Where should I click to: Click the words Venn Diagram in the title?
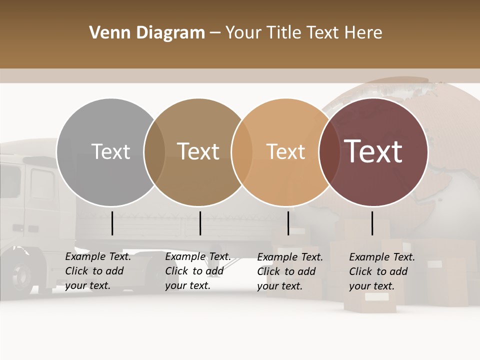click(x=147, y=33)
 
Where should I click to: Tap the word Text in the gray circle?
click(x=110, y=151)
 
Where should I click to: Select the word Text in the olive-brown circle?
click(x=198, y=151)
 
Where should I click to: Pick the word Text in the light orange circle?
click(x=285, y=151)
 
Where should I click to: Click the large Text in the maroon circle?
click(x=373, y=151)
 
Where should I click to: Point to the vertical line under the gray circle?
click(x=112, y=223)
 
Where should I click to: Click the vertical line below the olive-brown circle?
click(x=200, y=223)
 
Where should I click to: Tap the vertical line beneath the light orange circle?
click(x=288, y=223)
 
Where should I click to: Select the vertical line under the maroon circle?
click(x=372, y=223)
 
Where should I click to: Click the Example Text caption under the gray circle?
click(x=98, y=271)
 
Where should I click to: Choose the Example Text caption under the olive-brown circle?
click(x=198, y=271)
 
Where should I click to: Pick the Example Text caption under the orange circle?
click(x=290, y=271)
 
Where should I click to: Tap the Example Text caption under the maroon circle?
click(x=382, y=271)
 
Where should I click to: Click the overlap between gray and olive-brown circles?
click(x=154, y=152)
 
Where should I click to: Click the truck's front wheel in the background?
click(x=22, y=275)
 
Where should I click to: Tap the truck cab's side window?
click(x=42, y=185)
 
